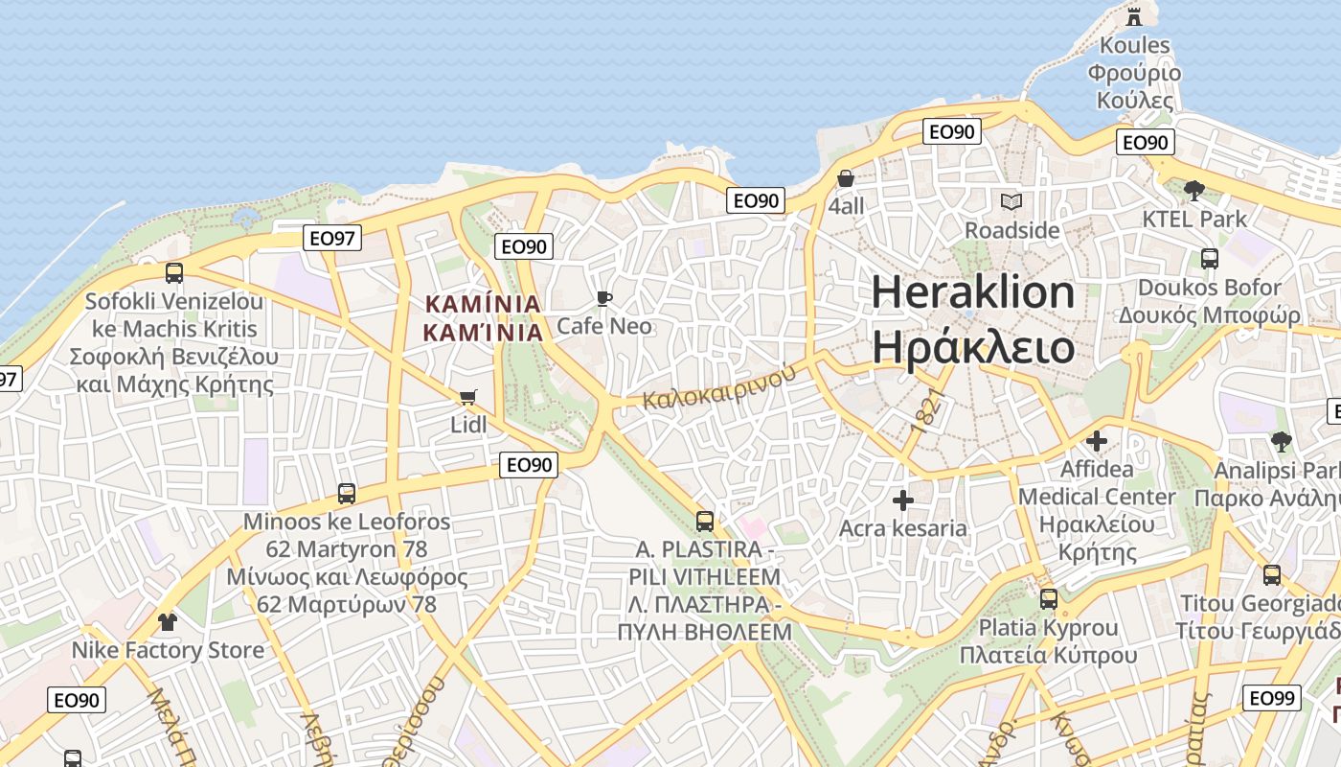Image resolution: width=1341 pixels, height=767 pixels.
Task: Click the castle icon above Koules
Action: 1134,15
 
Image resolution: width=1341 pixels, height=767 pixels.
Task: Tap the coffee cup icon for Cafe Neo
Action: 603,298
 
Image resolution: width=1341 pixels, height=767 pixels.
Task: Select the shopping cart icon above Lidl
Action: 468,397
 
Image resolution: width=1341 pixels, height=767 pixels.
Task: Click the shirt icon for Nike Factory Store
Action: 168,622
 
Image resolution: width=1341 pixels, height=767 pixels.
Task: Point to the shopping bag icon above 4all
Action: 846,178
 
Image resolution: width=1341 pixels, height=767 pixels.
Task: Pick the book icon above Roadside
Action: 1011,201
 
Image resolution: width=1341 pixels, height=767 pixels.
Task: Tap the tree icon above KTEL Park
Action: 1193,190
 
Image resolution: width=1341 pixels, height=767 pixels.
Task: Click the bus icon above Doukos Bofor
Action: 1209,259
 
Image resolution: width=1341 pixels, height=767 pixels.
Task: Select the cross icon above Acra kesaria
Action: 902,500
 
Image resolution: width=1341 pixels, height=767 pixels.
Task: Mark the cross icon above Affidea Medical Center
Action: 1097,441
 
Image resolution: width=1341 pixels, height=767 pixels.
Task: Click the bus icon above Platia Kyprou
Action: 1049,599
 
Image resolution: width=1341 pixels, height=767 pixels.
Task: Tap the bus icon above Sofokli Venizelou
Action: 173,273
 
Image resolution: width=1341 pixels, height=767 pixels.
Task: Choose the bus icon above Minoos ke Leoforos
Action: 346,494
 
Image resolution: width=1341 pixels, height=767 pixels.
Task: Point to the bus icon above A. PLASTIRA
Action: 705,522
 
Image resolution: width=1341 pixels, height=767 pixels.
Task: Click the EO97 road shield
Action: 332,239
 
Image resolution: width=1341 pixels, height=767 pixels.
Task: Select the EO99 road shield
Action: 1272,698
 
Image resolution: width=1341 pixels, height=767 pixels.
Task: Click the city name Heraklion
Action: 973,291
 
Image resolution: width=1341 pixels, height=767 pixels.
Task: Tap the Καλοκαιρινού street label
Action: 719,386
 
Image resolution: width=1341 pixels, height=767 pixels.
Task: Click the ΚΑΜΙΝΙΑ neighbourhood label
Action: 483,304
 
